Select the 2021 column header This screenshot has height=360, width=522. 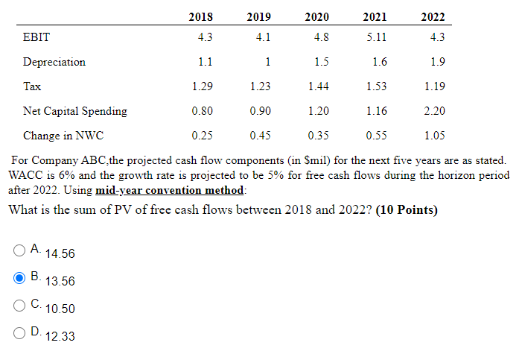(375, 17)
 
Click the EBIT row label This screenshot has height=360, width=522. (36, 37)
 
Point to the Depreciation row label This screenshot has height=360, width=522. (54, 62)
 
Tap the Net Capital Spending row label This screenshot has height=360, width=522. (74, 111)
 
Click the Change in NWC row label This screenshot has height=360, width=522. (63, 136)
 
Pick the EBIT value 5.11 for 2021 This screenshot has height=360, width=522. (377, 37)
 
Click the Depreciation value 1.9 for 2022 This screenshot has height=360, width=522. (438, 62)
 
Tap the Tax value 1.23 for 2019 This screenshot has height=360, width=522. (260, 86)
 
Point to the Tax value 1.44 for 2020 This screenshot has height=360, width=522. (319, 86)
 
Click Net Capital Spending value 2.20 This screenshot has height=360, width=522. (435, 111)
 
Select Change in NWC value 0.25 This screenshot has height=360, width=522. (200, 136)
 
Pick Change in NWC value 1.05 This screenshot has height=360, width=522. (435, 136)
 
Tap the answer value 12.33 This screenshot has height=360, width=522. (60, 337)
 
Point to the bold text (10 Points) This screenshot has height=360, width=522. (407, 210)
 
